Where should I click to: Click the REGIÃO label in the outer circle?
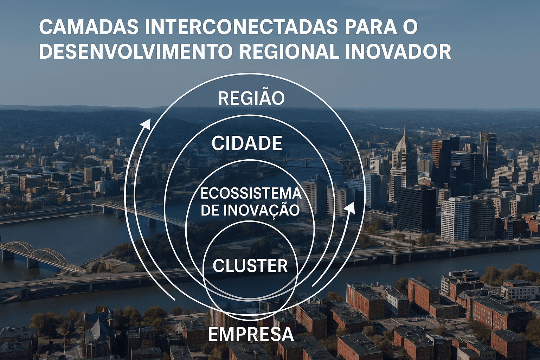click(251, 98)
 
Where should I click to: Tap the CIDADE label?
click(247, 143)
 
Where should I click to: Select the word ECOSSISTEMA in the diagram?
click(251, 194)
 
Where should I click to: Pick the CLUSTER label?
click(250, 266)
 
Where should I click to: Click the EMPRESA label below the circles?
click(251, 334)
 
